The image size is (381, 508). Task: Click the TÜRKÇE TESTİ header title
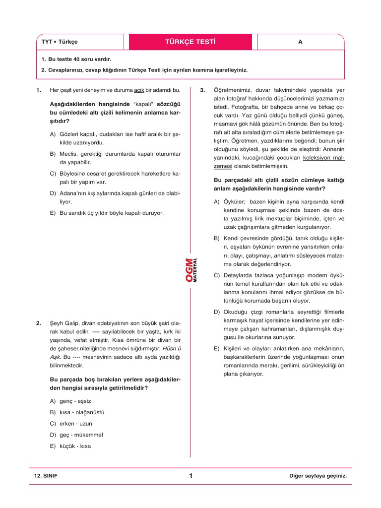point(190,42)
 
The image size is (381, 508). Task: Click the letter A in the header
point(300,42)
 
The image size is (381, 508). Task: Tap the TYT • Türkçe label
point(60,42)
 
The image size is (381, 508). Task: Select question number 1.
point(38,90)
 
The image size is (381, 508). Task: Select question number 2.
point(38,323)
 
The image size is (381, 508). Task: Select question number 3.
point(202,90)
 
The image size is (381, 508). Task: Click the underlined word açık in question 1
point(139,90)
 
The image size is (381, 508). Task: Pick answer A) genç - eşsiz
point(70,401)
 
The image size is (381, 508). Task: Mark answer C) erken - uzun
point(71,424)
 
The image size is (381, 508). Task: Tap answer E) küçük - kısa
point(70,445)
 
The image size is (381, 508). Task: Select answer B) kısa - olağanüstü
point(77,412)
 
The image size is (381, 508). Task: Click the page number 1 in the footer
point(190,476)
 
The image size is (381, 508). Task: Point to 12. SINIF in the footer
point(46,476)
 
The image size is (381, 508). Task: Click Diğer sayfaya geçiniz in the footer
point(317,476)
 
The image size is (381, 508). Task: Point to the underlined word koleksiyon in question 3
point(317,158)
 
